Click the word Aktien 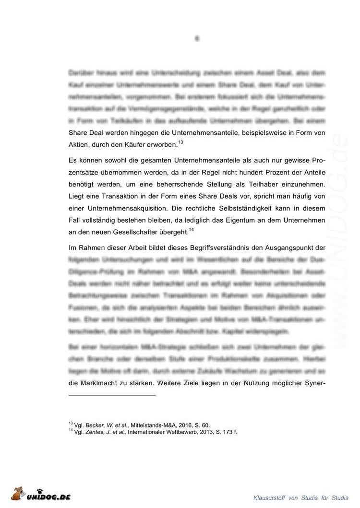80,144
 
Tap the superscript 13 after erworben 180,142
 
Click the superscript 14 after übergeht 191,229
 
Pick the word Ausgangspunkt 280,248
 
